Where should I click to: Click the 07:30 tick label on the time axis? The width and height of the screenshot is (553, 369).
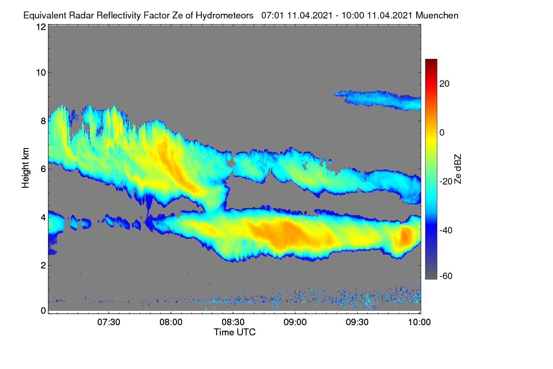click(109, 322)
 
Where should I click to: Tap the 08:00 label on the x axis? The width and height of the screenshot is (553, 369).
click(171, 322)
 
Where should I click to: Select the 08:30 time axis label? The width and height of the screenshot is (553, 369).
click(233, 322)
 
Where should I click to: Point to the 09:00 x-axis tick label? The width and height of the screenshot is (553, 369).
click(295, 322)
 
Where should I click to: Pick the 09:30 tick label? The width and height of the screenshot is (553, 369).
click(357, 322)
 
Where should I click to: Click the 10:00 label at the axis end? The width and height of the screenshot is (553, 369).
click(419, 322)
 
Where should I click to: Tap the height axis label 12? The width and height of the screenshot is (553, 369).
click(41, 27)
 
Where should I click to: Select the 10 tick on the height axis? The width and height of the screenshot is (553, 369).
click(41, 73)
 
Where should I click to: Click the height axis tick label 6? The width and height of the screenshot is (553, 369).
click(43, 169)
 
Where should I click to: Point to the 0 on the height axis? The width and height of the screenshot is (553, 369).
click(43, 311)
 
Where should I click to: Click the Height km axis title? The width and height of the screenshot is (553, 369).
click(25, 168)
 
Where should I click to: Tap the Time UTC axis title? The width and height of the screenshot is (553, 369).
click(235, 332)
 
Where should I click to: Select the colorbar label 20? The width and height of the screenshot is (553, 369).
click(444, 84)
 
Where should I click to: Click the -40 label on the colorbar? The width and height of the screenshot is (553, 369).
click(446, 230)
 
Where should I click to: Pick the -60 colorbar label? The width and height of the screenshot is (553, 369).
click(446, 276)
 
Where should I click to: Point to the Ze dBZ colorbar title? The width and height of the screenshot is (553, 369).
click(458, 169)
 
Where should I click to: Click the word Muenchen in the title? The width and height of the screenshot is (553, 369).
click(437, 16)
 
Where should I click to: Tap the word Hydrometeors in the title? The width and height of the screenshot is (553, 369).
click(224, 16)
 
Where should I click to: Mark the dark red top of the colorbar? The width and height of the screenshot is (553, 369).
click(431, 61)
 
